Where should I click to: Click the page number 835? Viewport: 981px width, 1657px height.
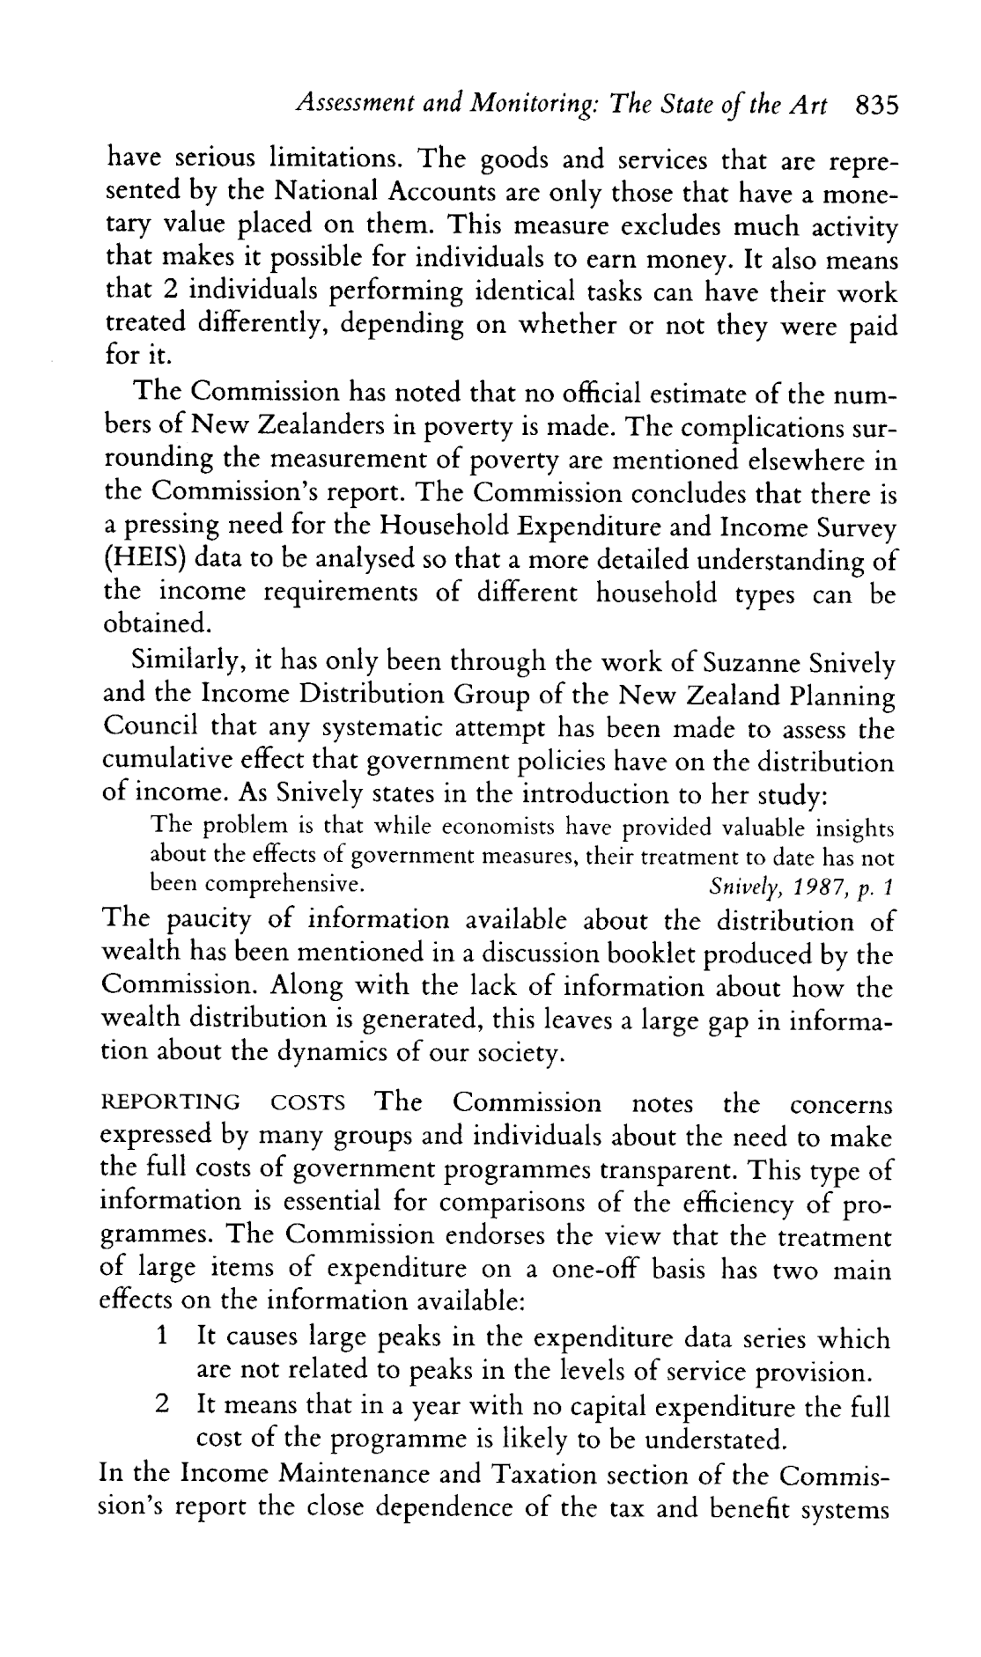875,106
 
